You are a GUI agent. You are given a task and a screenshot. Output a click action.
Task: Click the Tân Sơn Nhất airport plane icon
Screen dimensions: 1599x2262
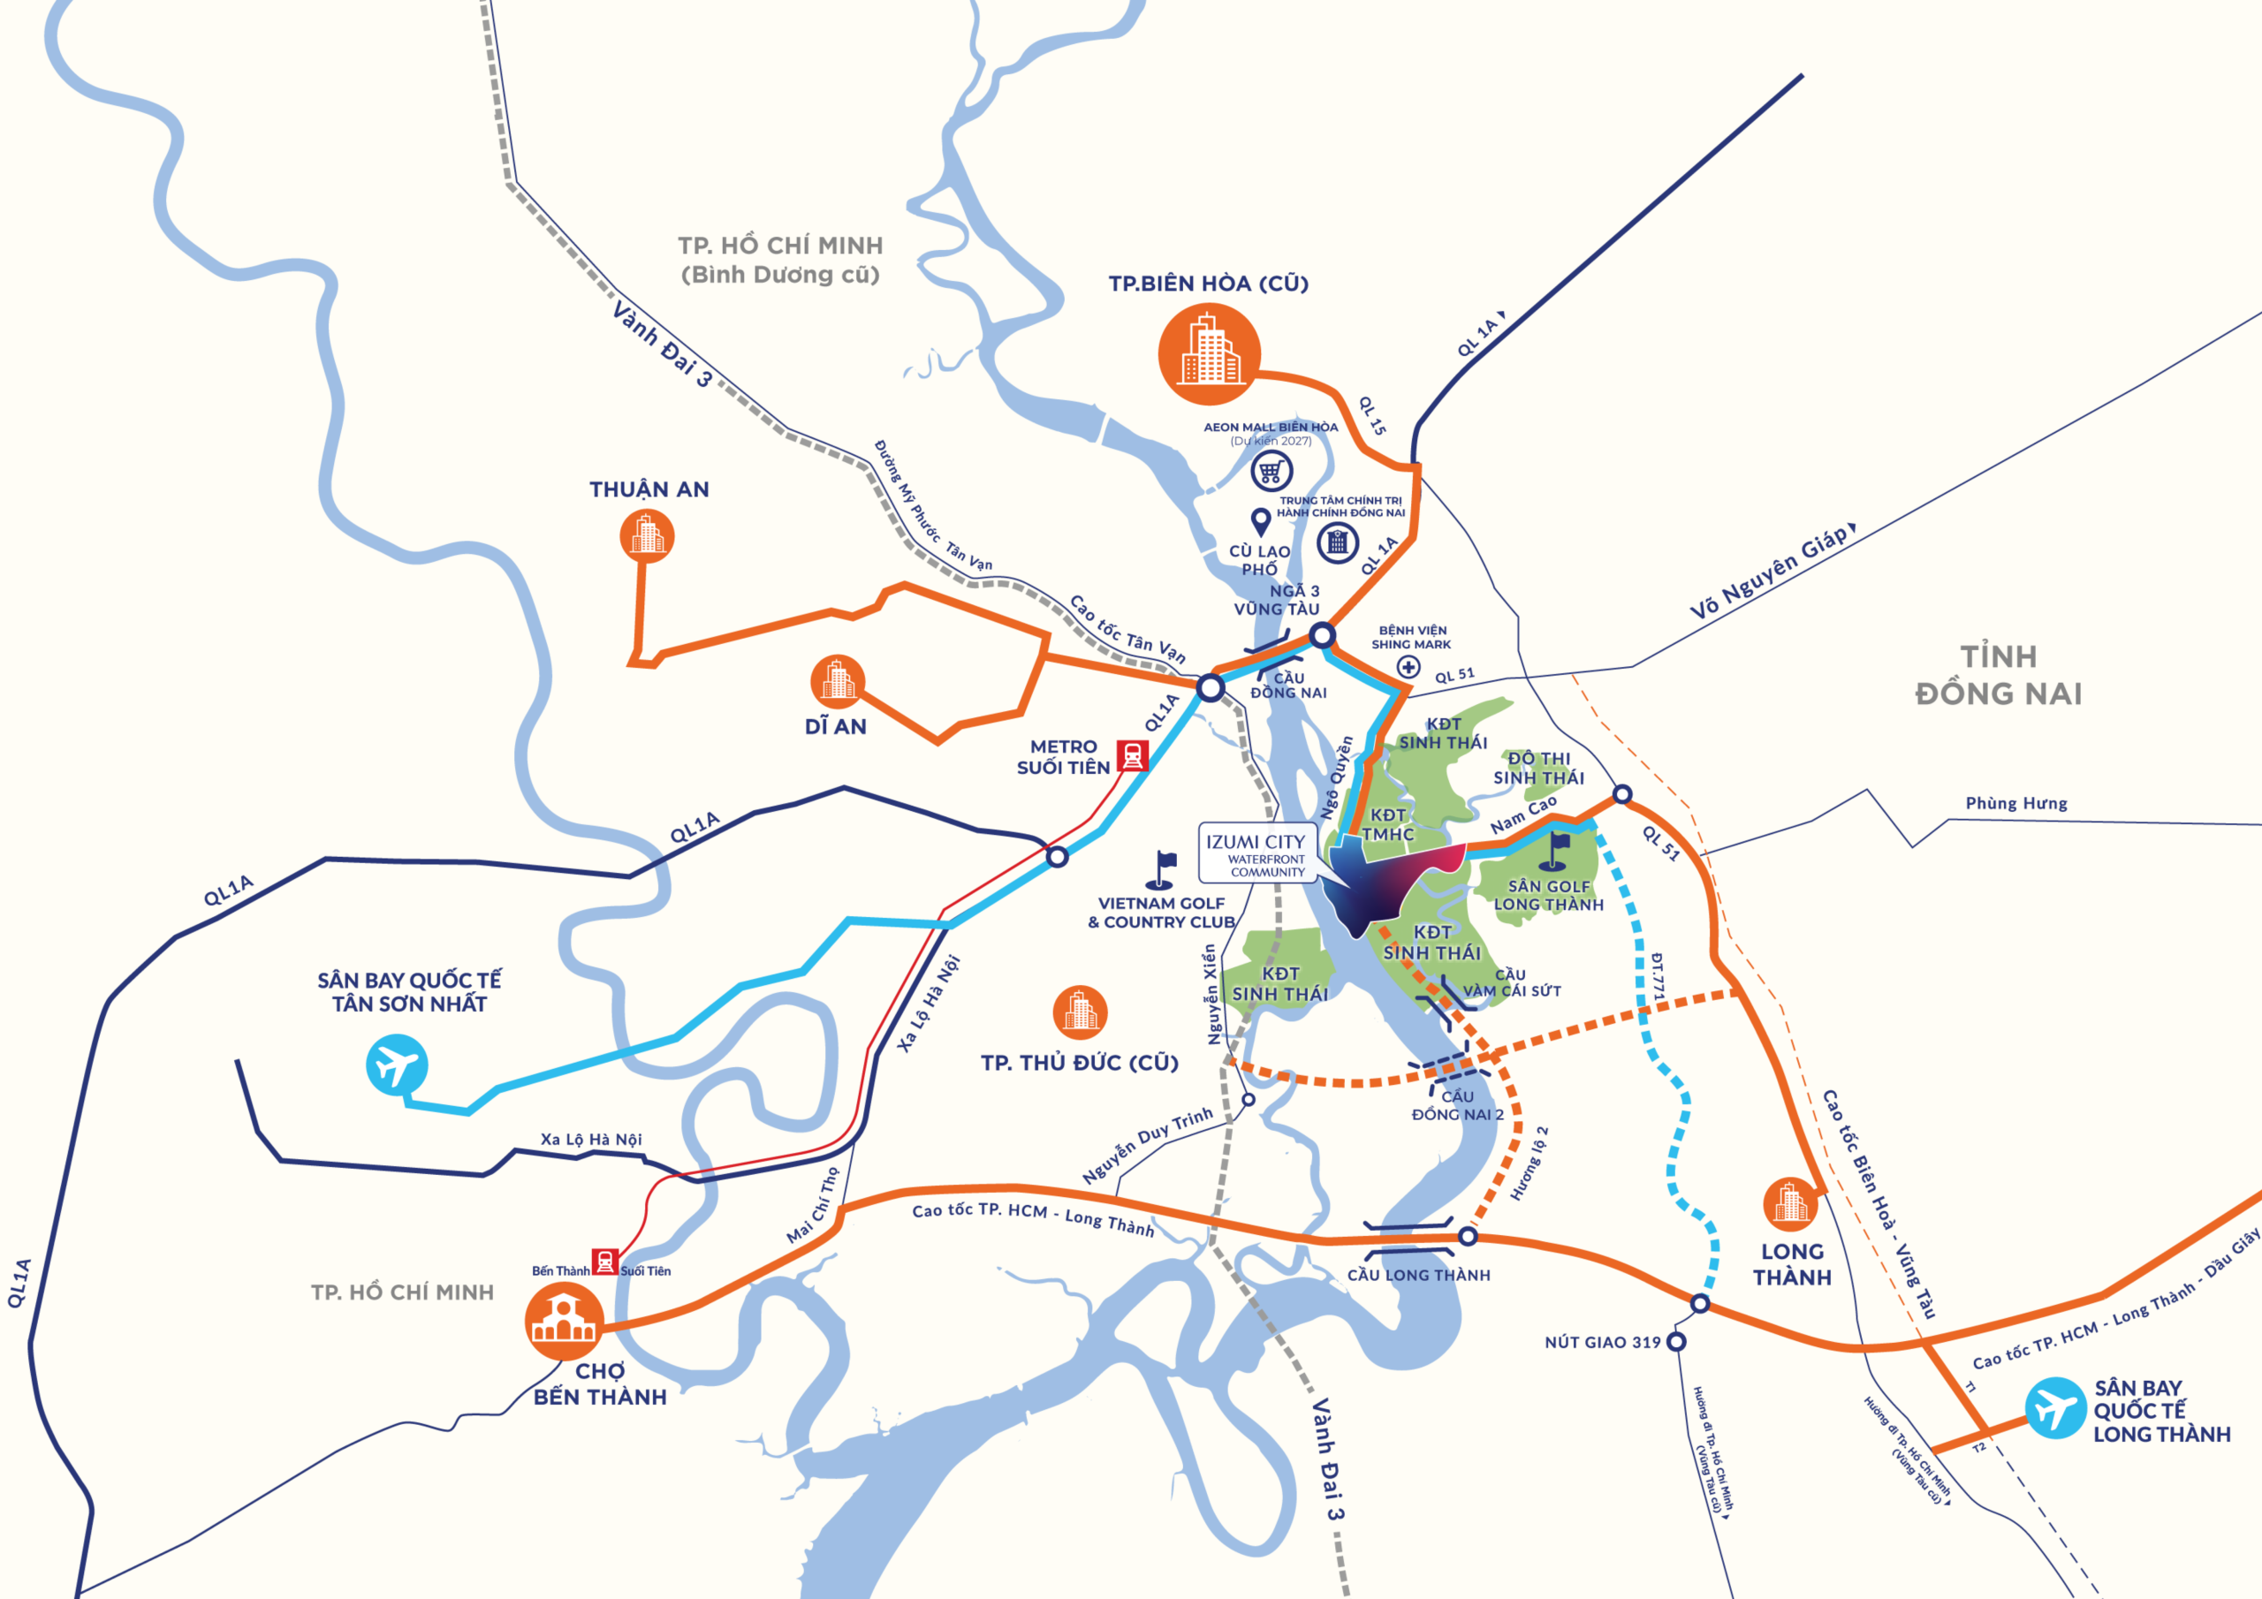(397, 1064)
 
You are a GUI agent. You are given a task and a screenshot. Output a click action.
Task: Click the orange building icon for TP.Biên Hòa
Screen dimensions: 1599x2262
(1209, 353)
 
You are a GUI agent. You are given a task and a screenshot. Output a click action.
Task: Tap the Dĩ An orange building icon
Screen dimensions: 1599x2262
(838, 681)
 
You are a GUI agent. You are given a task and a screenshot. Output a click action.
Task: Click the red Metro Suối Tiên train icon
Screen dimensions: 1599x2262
(1133, 755)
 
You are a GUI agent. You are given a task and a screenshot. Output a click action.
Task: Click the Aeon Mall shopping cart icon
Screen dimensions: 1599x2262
(1271, 471)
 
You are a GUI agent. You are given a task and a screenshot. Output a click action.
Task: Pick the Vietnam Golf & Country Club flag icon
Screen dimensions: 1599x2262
(1163, 869)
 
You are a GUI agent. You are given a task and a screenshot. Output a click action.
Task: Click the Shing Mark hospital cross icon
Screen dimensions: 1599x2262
(1408, 667)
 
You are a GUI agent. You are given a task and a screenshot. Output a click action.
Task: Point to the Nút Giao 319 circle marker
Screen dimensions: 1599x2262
(1676, 1342)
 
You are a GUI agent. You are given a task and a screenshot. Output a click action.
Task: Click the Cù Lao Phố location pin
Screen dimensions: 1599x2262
(1260, 521)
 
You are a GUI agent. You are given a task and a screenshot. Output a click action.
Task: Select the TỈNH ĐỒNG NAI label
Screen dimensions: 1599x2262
(1998, 675)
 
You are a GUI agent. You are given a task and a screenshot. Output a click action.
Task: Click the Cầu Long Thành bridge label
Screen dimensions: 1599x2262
(1419, 1275)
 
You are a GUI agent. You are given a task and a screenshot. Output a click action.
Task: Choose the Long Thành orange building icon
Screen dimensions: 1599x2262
(1790, 1204)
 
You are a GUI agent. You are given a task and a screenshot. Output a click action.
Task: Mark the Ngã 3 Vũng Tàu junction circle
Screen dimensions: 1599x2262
(1322, 635)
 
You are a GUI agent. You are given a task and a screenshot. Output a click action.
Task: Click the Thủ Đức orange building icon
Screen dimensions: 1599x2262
(1080, 1012)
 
